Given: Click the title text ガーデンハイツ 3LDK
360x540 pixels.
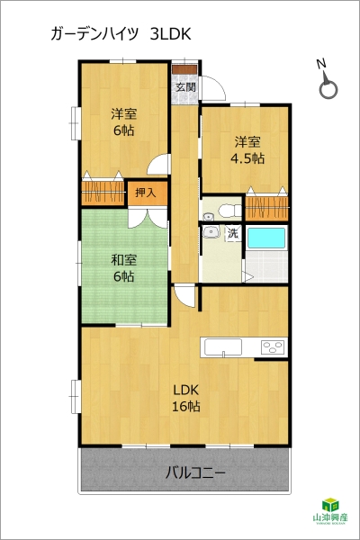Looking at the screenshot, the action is pyautogui.click(x=121, y=34).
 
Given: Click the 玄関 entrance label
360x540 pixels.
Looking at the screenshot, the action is pyautogui.click(x=186, y=86).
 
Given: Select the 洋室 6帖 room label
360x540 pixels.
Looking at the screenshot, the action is pyautogui.click(x=123, y=121).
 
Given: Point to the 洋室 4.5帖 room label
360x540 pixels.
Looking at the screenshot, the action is pyautogui.click(x=247, y=149).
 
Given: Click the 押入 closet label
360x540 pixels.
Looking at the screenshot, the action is pyautogui.click(x=146, y=193).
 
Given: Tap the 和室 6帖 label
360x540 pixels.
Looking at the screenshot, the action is pyautogui.click(x=123, y=268).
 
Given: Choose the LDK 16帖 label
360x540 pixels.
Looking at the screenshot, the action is pyautogui.click(x=186, y=398).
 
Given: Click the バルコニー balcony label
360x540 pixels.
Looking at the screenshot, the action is pyautogui.click(x=195, y=472).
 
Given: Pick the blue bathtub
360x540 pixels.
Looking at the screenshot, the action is pyautogui.click(x=266, y=238).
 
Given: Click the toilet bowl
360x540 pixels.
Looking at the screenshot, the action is pyautogui.click(x=229, y=211).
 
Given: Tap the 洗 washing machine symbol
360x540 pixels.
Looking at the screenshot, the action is pyautogui.click(x=233, y=234).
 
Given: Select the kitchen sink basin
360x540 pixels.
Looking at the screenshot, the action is pyautogui.click(x=223, y=346).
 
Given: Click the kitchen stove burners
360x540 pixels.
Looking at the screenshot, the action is pyautogui.click(x=274, y=346).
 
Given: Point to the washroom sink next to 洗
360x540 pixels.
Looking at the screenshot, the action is pyautogui.click(x=211, y=232).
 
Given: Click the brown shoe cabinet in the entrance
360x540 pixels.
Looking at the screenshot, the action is pyautogui.click(x=184, y=69).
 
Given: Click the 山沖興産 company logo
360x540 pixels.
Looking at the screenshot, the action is pyautogui.click(x=330, y=510).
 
